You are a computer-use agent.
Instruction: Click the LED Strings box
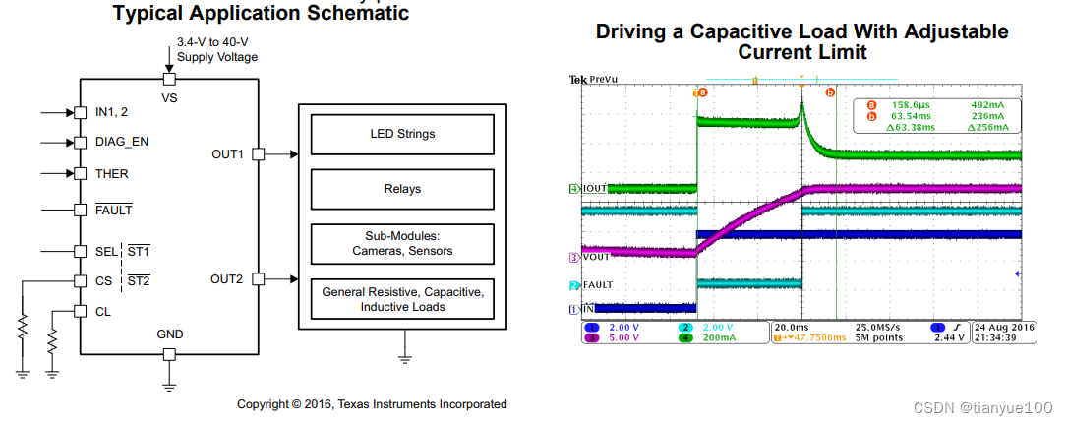(x=402, y=134)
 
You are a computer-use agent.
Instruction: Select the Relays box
(x=402, y=189)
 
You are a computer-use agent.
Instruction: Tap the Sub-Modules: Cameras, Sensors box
(x=402, y=244)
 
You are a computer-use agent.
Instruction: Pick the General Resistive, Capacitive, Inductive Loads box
(x=402, y=299)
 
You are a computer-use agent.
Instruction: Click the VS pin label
(x=169, y=98)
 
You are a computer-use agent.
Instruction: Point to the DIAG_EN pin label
(x=122, y=142)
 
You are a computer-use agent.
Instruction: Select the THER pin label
(x=112, y=174)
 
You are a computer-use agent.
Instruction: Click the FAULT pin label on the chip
(x=114, y=210)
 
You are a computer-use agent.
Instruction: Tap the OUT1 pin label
(x=227, y=154)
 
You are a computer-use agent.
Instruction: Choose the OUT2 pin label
(x=227, y=279)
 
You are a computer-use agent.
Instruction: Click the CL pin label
(x=103, y=312)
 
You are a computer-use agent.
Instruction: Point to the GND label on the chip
(x=169, y=334)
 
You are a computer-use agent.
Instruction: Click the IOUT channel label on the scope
(x=594, y=188)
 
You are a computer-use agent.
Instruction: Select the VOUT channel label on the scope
(x=595, y=257)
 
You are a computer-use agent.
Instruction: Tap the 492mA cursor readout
(x=985, y=105)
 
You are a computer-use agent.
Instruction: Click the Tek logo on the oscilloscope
(x=578, y=80)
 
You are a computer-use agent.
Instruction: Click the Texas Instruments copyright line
(x=372, y=404)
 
